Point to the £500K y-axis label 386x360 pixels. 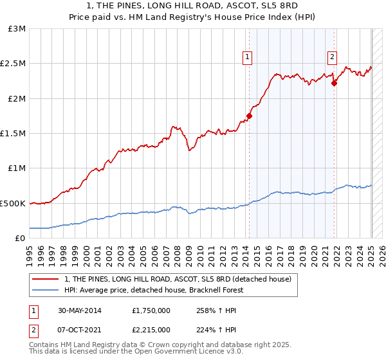coord(13,203)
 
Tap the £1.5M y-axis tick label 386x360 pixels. coord(14,134)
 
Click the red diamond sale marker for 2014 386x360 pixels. coord(249,116)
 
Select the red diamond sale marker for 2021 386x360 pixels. coord(335,83)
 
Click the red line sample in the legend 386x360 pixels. coord(45,279)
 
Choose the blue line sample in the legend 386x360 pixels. coord(45,290)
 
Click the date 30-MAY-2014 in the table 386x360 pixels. coord(73,310)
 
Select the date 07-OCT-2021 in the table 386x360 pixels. coord(73,330)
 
